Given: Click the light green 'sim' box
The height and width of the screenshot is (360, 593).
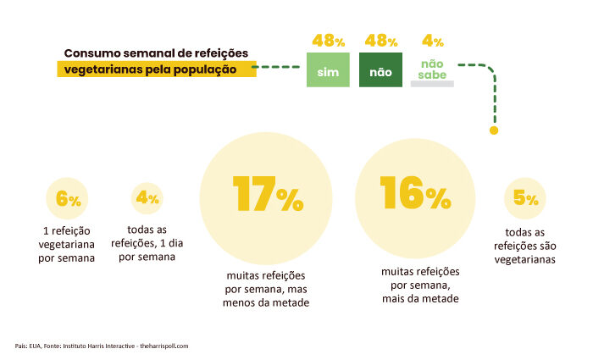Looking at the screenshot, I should tap(328, 71).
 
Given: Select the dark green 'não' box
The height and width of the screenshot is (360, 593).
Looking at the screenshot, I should tap(380, 71).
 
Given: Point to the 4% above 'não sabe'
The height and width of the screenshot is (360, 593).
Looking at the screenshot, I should tap(433, 40).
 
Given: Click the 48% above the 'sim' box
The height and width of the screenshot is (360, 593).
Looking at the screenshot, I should tap(329, 40).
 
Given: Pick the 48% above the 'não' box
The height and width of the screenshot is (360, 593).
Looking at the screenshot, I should tap(381, 40).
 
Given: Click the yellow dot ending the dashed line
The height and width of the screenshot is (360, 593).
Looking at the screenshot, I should tap(494, 130).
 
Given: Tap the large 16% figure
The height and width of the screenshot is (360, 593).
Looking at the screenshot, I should tap(415, 196).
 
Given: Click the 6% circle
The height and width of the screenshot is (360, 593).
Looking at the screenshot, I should tap(68, 201).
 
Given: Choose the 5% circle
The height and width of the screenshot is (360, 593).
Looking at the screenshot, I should tap(525, 200).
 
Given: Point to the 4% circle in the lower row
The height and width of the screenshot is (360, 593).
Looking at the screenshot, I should tap(147, 199).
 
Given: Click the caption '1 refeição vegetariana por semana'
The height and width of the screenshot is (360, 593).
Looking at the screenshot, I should tap(67, 244).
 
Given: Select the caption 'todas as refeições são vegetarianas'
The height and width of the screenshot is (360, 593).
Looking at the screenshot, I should tap(525, 246).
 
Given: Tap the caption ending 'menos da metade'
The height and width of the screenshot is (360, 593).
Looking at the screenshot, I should tap(267, 290).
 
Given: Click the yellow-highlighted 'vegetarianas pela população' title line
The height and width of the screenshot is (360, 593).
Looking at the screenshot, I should tap(157, 69).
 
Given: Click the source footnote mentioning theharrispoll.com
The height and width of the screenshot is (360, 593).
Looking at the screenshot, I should tap(102, 346).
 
